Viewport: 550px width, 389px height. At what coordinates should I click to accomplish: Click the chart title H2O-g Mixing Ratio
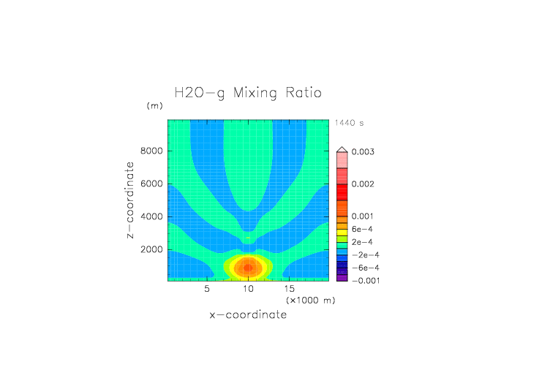[x=248, y=93]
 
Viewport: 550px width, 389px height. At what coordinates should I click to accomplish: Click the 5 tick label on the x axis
[x=208, y=289]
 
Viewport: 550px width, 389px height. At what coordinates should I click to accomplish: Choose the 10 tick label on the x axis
[x=249, y=289]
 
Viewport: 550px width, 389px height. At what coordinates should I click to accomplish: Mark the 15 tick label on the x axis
[x=290, y=289]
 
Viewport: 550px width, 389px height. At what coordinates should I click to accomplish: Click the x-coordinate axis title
[x=248, y=315]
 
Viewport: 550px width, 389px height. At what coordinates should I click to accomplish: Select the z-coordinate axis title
[x=130, y=200]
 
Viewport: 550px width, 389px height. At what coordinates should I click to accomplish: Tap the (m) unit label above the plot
[x=154, y=106]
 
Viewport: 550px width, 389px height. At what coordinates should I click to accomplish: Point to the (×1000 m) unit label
[x=310, y=301]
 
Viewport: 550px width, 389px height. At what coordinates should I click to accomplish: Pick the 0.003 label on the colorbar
[x=363, y=152]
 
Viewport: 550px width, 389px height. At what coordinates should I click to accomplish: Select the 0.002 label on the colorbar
[x=363, y=184]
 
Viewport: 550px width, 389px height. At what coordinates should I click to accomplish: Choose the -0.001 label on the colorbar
[x=364, y=280]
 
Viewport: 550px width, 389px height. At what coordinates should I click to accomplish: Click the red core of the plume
[x=248, y=267]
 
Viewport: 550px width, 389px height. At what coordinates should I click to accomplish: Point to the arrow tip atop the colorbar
[x=342, y=148]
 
